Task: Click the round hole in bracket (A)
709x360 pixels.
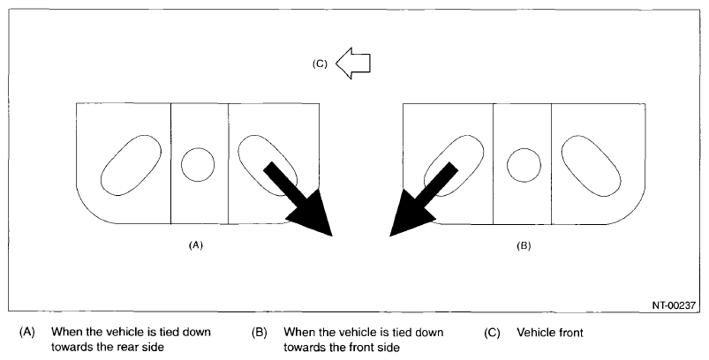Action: [198, 163]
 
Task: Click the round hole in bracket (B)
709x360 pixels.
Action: [524, 163]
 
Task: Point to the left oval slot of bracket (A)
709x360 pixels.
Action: [130, 165]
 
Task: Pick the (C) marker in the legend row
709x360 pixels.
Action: [492, 333]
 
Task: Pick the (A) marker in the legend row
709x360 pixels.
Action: [26, 333]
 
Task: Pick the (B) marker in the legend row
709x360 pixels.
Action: [259, 333]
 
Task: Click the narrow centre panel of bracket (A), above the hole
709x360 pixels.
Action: [198, 124]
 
